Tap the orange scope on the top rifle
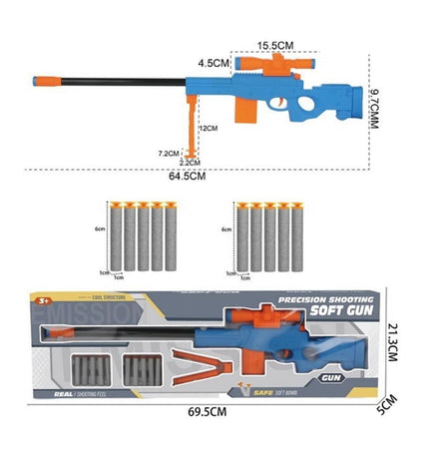click(x=265, y=64)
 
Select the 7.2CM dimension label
click(x=168, y=153)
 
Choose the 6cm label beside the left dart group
click(x=100, y=228)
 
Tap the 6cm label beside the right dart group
click(x=226, y=228)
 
